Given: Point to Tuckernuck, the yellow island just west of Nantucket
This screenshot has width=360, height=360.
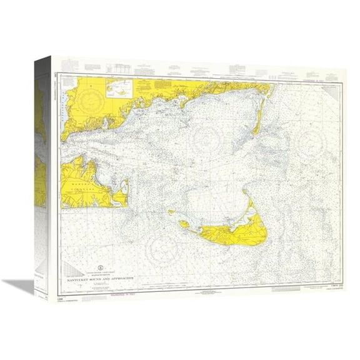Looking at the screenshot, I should (x=184, y=224).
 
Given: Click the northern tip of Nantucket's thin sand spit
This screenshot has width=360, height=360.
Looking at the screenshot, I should (x=244, y=192).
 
